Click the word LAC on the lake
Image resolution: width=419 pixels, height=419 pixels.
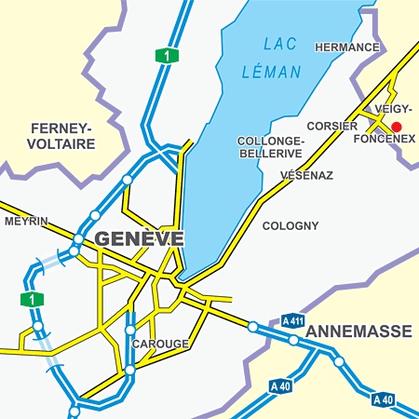pyautogui.click(x=279, y=44)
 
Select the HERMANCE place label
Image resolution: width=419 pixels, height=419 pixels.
pyautogui.click(x=347, y=47)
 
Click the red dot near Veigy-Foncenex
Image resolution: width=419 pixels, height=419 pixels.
pyautogui.click(x=396, y=126)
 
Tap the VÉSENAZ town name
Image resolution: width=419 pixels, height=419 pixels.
pyautogui.click(x=305, y=175)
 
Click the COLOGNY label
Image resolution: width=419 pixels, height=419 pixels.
pyautogui.click(x=291, y=225)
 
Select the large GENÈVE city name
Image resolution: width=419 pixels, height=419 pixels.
pyautogui.click(x=140, y=237)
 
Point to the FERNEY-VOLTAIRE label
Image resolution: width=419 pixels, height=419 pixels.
pyautogui.click(x=62, y=136)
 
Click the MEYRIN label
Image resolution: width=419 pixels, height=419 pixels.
pyautogui.click(x=25, y=222)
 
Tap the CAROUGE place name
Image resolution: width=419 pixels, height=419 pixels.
pyautogui.click(x=160, y=344)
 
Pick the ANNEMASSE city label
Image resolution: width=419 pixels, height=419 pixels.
pyautogui.click(x=358, y=331)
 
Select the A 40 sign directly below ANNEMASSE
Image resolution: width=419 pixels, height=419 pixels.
pyautogui.click(x=383, y=399)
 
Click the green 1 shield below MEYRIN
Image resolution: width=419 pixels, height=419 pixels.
pyautogui.click(x=32, y=299)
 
